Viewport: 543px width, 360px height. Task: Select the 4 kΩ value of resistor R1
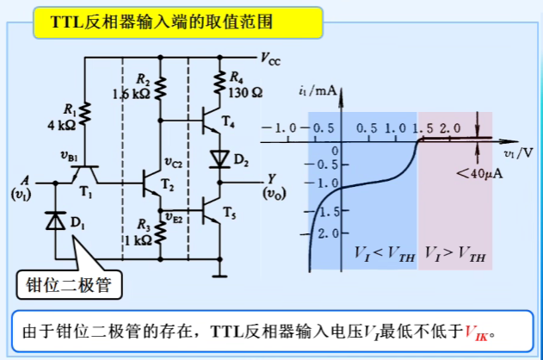pyautogui.click(x=66, y=126)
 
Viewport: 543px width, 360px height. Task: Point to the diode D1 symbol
pyautogui.click(x=56, y=221)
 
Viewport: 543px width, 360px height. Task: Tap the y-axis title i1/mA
pyautogui.click(x=318, y=90)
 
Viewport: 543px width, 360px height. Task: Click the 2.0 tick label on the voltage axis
pyautogui.click(x=448, y=127)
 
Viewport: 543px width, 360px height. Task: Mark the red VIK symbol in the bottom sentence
pyautogui.click(x=475, y=332)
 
